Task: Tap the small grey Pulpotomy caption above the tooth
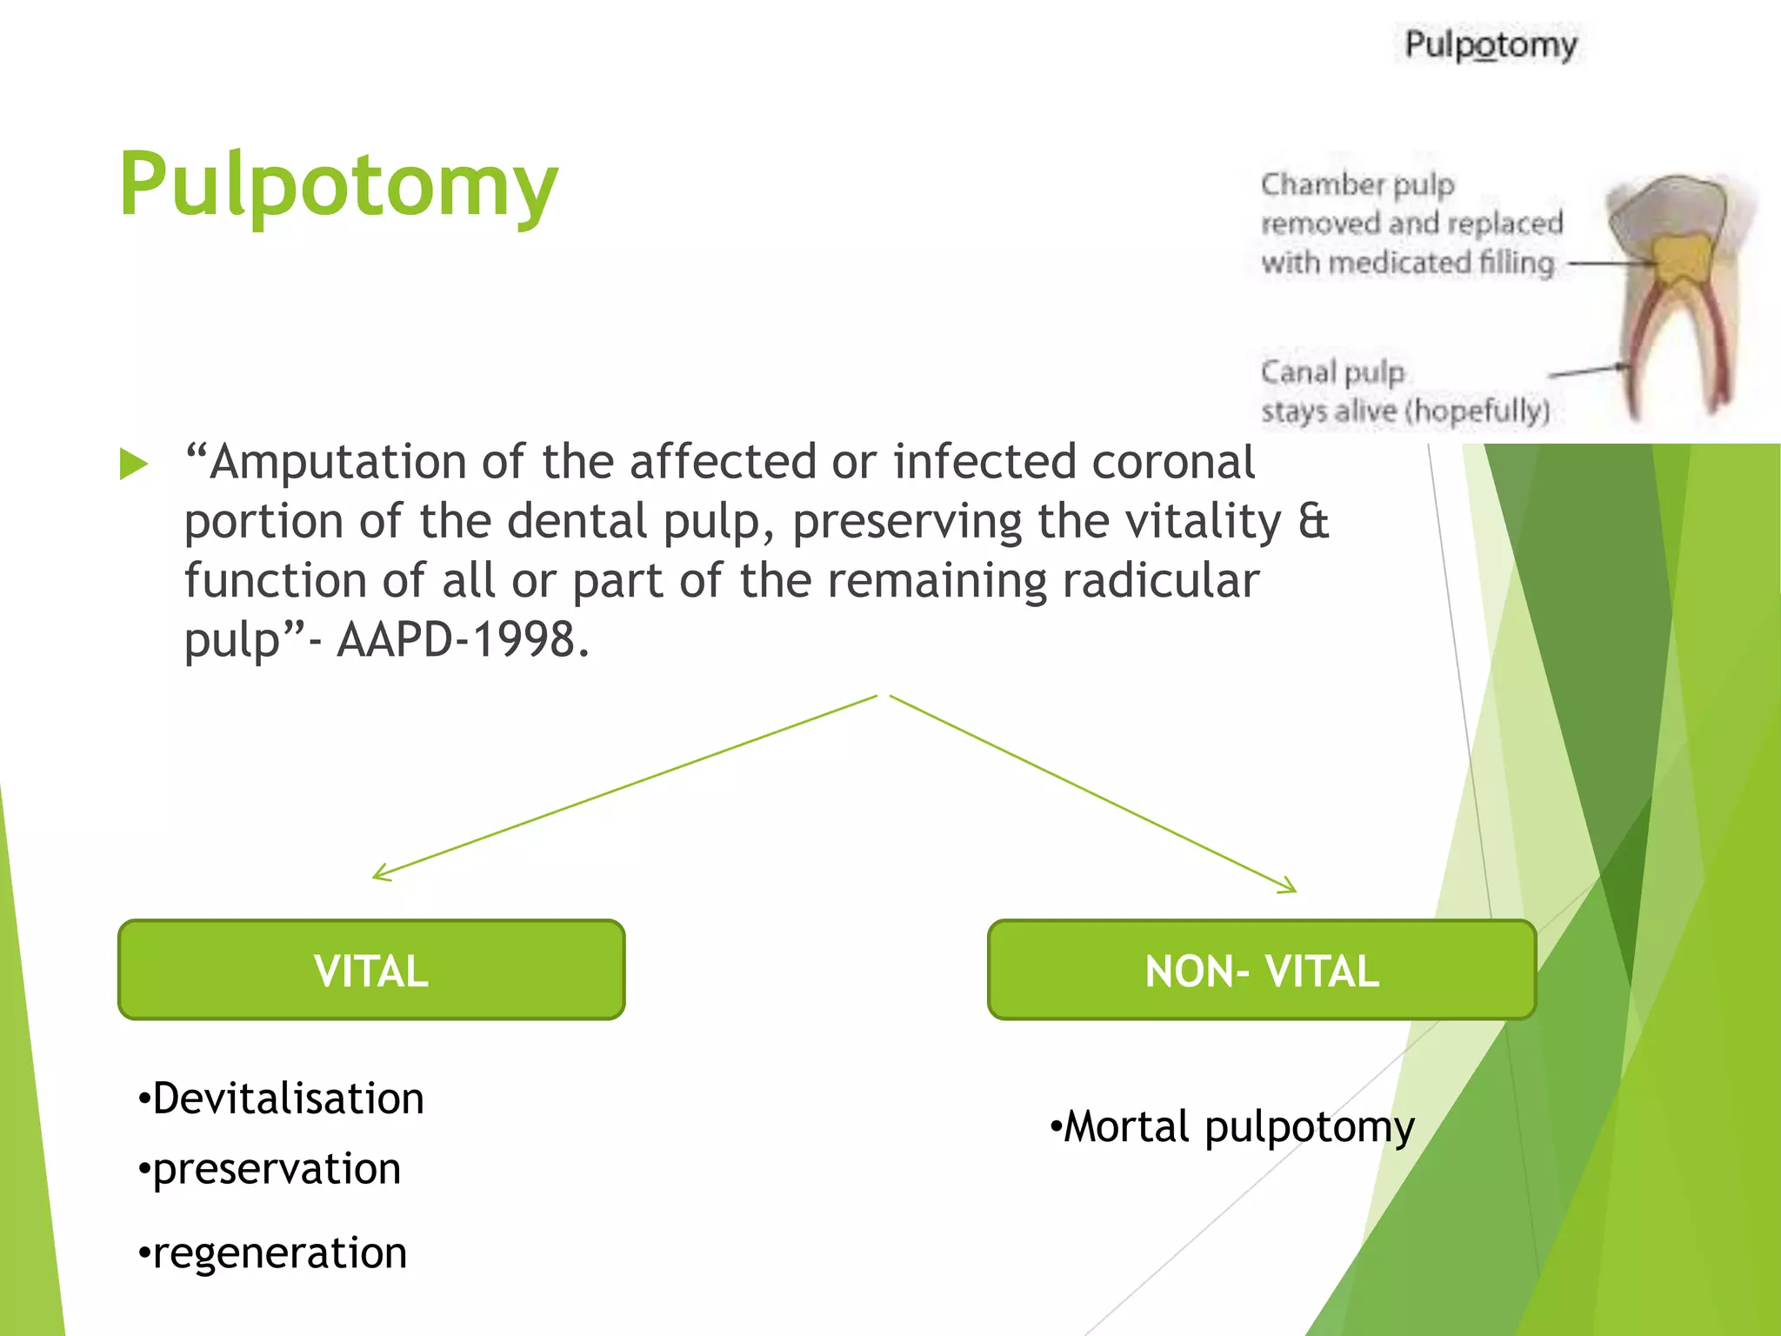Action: pos(1491,45)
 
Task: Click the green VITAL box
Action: pos(371,970)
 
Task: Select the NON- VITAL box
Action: pos(1261,970)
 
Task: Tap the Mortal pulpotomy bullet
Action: pos(1233,1127)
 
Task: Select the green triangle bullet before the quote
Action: pos(133,464)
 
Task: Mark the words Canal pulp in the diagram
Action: pos(1332,372)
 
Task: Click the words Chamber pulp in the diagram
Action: pos(1357,184)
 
